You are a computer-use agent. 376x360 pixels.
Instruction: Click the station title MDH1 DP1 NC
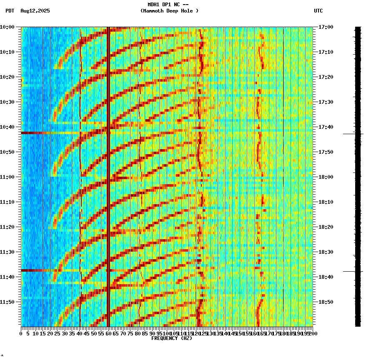point(168,5)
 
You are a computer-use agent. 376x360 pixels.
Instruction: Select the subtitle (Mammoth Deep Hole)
point(169,11)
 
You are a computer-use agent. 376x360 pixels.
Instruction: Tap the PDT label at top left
point(10,11)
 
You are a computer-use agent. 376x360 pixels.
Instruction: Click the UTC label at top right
point(318,11)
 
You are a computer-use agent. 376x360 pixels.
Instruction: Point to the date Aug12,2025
point(35,11)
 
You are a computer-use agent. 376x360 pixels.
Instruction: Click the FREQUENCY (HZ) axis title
point(171,338)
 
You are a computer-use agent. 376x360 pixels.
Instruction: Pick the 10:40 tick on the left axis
point(7,127)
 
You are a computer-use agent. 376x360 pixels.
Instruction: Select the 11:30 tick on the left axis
point(7,252)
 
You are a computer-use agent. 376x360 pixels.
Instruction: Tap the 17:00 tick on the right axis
point(326,27)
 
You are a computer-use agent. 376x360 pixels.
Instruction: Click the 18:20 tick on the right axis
point(326,227)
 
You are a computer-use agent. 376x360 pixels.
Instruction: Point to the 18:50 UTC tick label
point(326,302)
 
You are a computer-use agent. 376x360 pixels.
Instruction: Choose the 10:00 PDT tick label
point(7,27)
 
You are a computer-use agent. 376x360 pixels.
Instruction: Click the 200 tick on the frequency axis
point(312,333)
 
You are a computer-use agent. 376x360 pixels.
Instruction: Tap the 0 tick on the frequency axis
point(21,333)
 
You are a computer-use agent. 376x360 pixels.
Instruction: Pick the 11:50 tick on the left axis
point(7,302)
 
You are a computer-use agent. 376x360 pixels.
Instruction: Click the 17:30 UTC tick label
point(326,102)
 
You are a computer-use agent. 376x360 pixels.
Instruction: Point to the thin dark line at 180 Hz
point(283,167)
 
